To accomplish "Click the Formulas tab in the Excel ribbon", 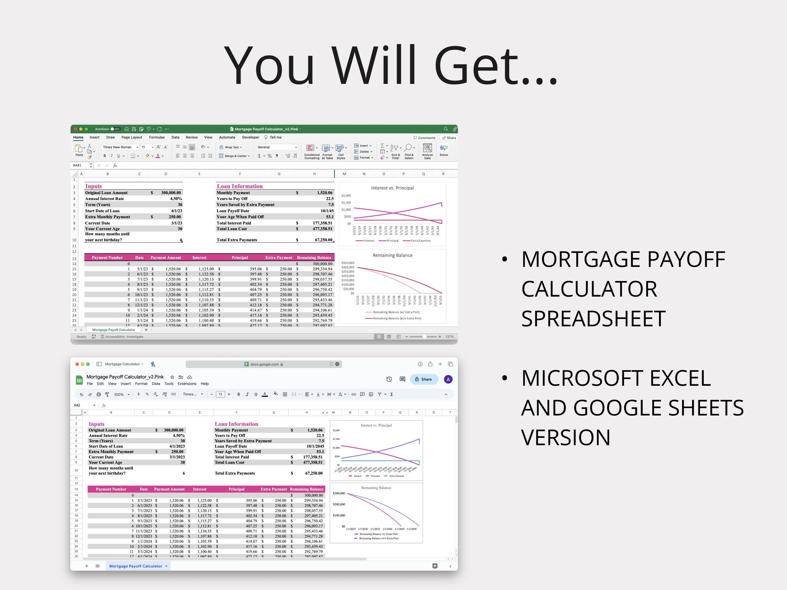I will click(x=157, y=137).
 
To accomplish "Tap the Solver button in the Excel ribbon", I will click(x=444, y=150).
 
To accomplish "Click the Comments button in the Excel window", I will click(x=424, y=138).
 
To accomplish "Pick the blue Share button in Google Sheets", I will click(x=424, y=379).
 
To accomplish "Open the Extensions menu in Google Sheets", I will click(x=187, y=384).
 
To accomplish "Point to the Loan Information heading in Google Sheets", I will click(x=236, y=424).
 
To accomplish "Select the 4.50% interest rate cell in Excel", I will click(x=176, y=199).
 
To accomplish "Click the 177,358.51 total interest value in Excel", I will click(x=322, y=223).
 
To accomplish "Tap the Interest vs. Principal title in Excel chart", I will click(x=392, y=188).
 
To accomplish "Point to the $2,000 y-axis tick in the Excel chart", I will click(x=346, y=196).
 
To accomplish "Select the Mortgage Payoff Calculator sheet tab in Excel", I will click(x=113, y=330).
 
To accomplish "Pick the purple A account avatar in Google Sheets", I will click(x=448, y=379).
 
